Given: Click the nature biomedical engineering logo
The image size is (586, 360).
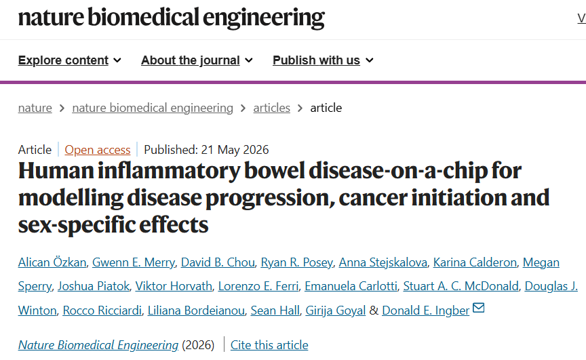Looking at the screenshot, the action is tap(171, 18).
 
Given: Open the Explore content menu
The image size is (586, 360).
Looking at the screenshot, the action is tap(69, 60).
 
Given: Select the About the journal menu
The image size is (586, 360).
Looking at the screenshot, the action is tap(197, 60).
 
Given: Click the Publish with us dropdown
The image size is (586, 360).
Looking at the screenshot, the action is tap(323, 60).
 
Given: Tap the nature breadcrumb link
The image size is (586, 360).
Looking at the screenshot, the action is tap(35, 108).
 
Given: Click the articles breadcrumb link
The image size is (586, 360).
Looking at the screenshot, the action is tap(272, 108).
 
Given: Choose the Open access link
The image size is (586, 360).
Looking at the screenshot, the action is tap(98, 150).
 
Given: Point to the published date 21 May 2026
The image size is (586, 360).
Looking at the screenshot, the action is tap(235, 150).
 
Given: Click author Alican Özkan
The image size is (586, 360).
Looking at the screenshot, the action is tap(52, 262).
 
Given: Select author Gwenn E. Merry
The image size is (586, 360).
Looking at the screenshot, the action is tap(134, 262).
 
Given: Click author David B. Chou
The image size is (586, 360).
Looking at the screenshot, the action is tap(218, 262).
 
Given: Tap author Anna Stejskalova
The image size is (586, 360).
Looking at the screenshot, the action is tap(383, 262).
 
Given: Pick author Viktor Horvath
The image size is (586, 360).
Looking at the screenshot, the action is tap(174, 286).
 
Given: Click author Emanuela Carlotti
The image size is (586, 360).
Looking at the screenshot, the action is tap(351, 286).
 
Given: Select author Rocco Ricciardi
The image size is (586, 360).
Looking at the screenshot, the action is tap(102, 311).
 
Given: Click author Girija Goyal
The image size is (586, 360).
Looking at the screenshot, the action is tap(336, 311).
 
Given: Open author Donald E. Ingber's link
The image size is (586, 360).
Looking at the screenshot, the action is tap(426, 311).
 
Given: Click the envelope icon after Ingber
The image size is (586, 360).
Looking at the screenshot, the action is tap(479, 308).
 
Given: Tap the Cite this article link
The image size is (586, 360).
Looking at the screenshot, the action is tap(269, 345).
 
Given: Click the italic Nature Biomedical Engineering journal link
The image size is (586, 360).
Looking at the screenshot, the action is tap(98, 345).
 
